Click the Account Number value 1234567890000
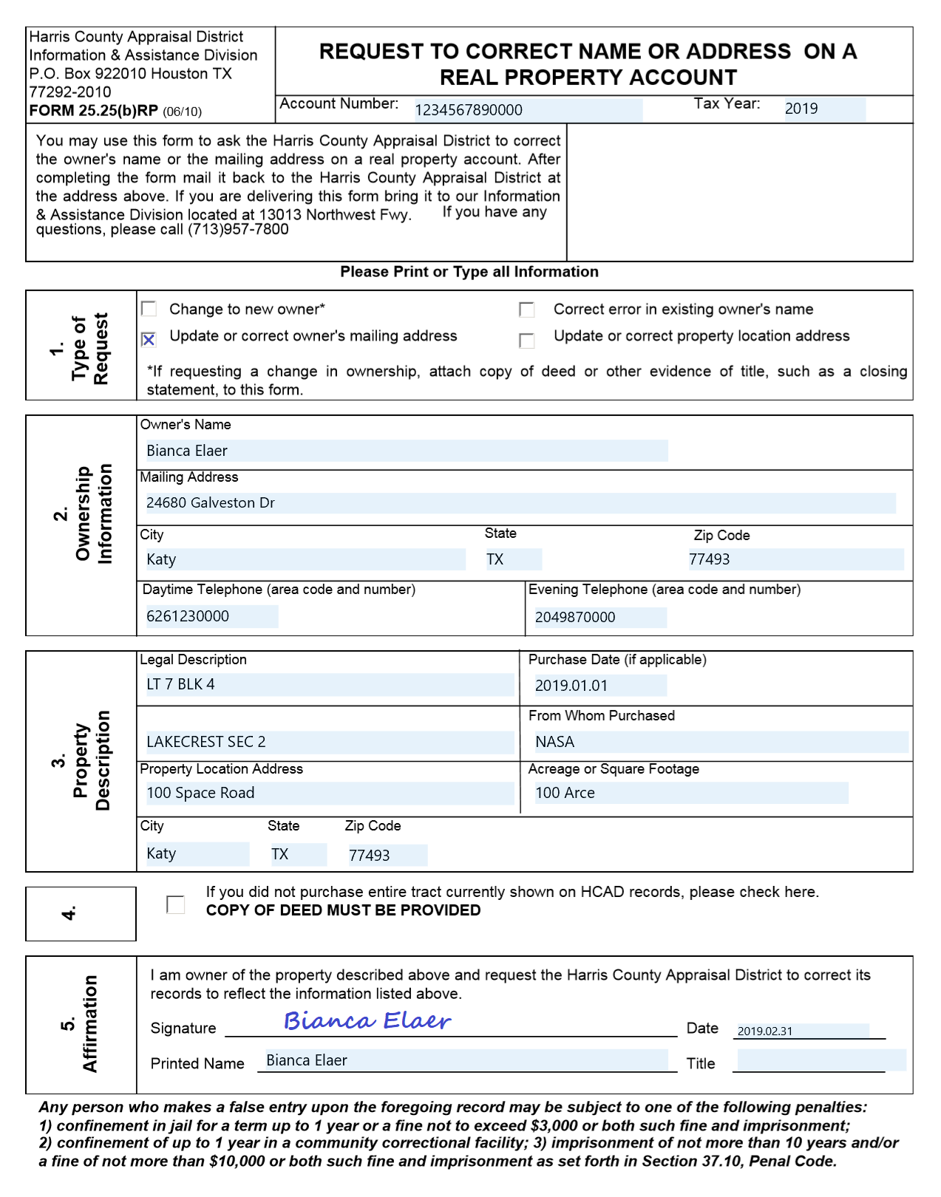click(469, 110)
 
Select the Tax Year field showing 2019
click(801, 109)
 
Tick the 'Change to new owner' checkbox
click(149, 309)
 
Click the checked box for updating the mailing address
click(149, 339)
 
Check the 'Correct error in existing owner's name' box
click(526, 310)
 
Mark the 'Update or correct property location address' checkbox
click(526, 340)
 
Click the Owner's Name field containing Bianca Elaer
click(187, 451)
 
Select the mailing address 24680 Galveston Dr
click(211, 503)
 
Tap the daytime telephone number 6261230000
click(188, 616)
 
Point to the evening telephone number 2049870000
click(575, 617)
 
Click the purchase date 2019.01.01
click(571, 686)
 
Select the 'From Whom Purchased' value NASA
click(554, 742)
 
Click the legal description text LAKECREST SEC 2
click(206, 742)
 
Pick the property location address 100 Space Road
click(200, 793)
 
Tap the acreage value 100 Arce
click(565, 793)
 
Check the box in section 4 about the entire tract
click(176, 904)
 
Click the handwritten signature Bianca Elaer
click(367, 1021)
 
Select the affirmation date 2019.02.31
click(765, 1031)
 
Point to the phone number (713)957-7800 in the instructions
click(238, 230)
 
